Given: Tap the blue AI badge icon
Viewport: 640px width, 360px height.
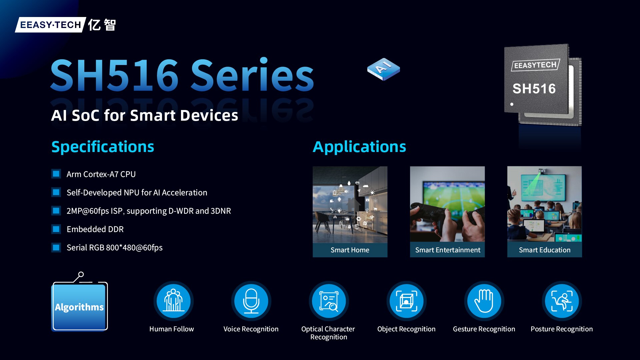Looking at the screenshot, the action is tap(383, 69).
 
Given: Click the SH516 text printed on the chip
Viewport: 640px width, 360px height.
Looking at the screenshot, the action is tap(534, 89).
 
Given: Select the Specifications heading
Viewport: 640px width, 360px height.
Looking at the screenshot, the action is tap(103, 147).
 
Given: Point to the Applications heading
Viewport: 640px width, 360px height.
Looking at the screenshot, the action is tap(359, 147).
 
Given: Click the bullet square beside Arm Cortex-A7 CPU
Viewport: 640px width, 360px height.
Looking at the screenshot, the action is tap(56, 174).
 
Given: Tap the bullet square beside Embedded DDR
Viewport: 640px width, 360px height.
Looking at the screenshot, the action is tap(56, 229).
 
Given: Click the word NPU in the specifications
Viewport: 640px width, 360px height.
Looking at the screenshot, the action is tap(131, 193).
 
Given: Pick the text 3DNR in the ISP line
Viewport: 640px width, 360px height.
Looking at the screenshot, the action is tap(221, 211).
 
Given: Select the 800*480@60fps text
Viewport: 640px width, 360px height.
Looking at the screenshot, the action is tap(134, 248).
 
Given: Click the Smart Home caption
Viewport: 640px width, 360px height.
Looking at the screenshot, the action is tap(350, 250).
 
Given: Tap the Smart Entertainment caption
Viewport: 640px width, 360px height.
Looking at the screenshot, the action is tap(448, 250).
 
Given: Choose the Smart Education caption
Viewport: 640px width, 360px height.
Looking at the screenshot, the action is tap(545, 250).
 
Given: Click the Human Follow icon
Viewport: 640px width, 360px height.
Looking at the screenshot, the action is tap(173, 301).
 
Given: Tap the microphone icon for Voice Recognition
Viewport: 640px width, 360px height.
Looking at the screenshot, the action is tap(251, 301).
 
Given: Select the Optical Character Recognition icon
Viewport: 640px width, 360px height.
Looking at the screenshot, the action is tap(329, 301).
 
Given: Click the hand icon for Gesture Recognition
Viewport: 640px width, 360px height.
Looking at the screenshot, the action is tap(484, 301).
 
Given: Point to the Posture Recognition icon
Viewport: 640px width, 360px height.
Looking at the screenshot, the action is tap(562, 301).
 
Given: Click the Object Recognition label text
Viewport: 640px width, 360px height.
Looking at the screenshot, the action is tap(406, 329).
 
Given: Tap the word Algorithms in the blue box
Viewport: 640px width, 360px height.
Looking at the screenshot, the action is tap(79, 307).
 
